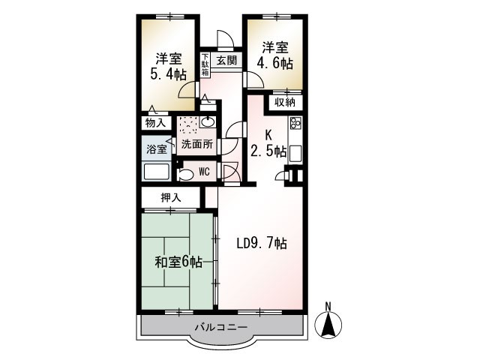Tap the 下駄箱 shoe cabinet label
coord(205,64)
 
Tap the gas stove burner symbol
coord(295,124)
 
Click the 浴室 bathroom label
coord(156,149)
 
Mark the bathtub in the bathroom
coord(156,172)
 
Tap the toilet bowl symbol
coord(184,174)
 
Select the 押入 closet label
coord(171,197)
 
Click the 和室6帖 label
coord(178,262)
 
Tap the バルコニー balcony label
coord(221,327)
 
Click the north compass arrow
coord(328,323)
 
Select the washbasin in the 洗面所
coord(208,123)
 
